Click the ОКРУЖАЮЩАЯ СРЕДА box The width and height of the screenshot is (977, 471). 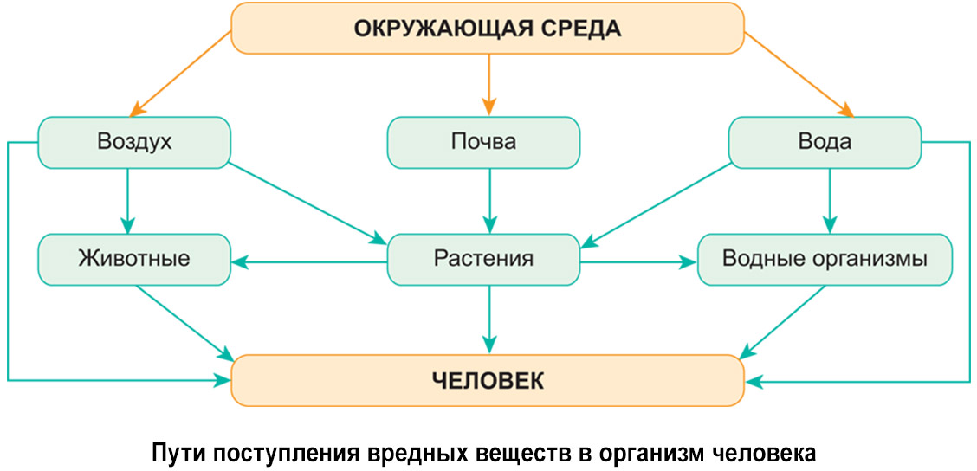click(x=488, y=28)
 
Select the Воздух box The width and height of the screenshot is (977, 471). click(x=134, y=142)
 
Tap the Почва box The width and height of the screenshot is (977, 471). click(x=483, y=142)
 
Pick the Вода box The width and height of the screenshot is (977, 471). click(x=825, y=142)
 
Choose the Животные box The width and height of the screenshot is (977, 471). click(x=134, y=259)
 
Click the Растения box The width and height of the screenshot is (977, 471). click(x=483, y=259)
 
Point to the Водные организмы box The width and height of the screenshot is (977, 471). click(x=825, y=259)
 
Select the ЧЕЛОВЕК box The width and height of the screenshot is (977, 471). click(x=488, y=380)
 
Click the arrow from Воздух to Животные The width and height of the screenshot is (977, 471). click(x=127, y=200)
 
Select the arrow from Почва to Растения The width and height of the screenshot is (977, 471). click(x=489, y=200)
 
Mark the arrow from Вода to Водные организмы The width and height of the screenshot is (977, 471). click(x=830, y=200)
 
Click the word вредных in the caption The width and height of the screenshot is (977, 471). click(x=414, y=453)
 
